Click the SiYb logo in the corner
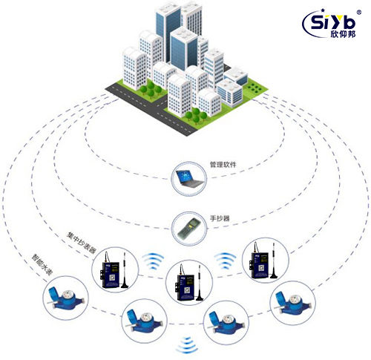(x=331, y=24)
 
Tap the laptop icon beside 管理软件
(x=189, y=178)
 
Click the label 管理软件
(x=223, y=165)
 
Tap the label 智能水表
(x=42, y=265)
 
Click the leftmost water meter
(x=65, y=298)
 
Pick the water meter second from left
(x=145, y=321)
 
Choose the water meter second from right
(x=226, y=323)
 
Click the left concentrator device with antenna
(x=114, y=271)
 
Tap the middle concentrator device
(x=189, y=284)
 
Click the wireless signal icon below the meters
(x=187, y=345)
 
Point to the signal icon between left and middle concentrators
(x=153, y=261)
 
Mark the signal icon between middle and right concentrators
(x=225, y=261)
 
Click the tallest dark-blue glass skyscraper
(x=168, y=32)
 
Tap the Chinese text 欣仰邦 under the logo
(x=343, y=34)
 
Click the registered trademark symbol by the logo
(x=359, y=12)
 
